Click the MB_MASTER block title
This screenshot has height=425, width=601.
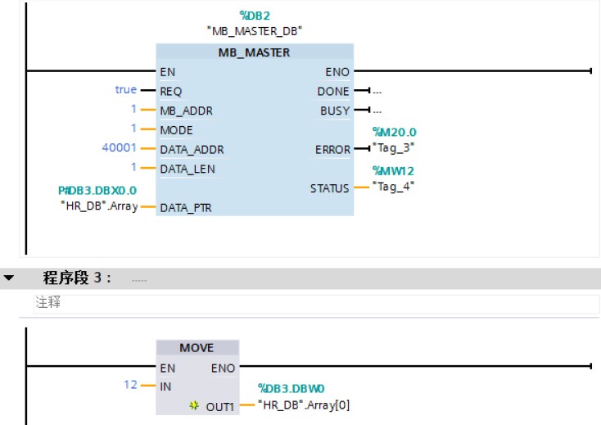pyautogui.click(x=254, y=52)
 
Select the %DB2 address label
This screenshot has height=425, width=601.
pyautogui.click(x=254, y=15)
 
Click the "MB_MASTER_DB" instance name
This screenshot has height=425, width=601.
pyautogui.click(x=254, y=31)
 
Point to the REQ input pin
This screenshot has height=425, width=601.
pyautogui.click(x=171, y=91)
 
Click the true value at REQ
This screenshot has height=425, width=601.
pyautogui.click(x=125, y=90)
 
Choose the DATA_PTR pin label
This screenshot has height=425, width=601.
pyautogui.click(x=185, y=208)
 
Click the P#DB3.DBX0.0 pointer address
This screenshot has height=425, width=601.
pyautogui.click(x=91, y=191)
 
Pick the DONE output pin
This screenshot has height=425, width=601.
pyautogui.click(x=333, y=91)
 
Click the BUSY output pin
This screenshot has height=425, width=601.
pyautogui.click(x=334, y=111)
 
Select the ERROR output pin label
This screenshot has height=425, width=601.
pyautogui.click(x=332, y=150)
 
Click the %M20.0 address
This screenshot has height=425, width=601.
pyautogui.click(x=394, y=131)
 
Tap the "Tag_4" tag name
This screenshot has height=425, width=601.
pyautogui.click(x=394, y=186)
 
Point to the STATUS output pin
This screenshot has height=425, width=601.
pyautogui.click(x=329, y=188)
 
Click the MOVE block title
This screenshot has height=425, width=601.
pyautogui.click(x=197, y=348)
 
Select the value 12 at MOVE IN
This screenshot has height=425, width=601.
pyautogui.click(x=130, y=385)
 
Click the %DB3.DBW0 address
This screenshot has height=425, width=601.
pyautogui.click(x=292, y=388)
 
